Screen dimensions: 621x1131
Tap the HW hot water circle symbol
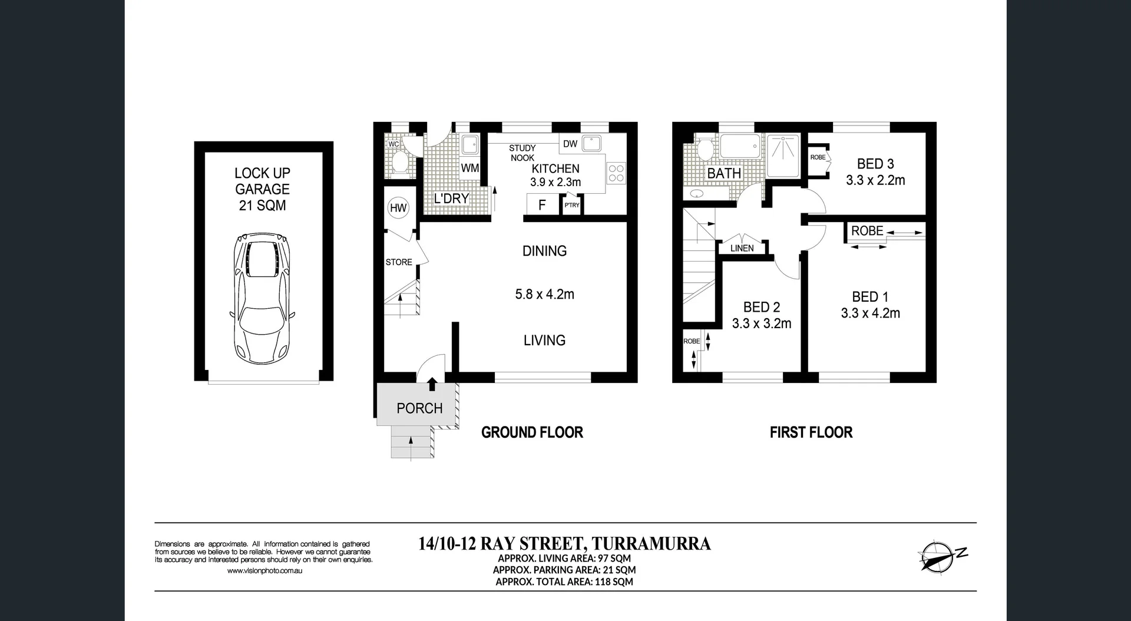coord(398,207)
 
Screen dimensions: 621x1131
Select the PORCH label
coord(419,408)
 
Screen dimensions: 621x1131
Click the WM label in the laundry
coord(469,169)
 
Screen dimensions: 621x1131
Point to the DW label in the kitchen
coord(570,144)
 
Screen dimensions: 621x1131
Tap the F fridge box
coord(542,205)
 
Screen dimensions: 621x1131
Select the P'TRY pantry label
coord(572,205)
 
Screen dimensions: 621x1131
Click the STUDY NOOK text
coord(522,153)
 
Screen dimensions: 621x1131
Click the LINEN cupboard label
coord(742,248)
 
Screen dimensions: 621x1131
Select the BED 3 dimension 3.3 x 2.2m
coord(875,180)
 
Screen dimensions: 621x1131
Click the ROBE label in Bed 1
coord(867,231)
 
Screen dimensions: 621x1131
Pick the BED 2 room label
coord(761,307)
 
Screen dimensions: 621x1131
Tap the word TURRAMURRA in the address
coord(651,543)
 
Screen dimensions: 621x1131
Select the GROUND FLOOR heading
coord(532,432)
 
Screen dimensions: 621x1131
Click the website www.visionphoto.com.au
coord(264,570)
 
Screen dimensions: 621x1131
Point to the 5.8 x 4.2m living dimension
coord(544,294)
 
